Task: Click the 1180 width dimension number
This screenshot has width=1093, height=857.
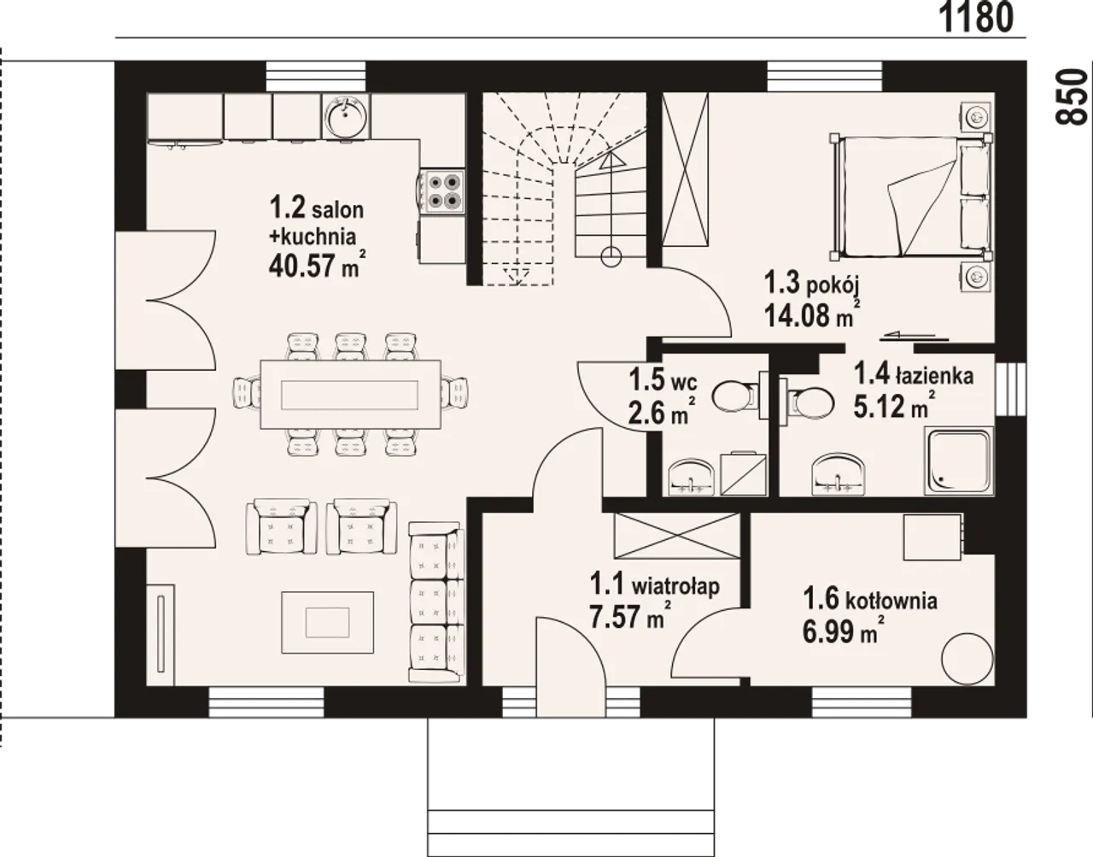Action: pos(976,18)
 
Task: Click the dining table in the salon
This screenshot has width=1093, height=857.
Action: pos(350,394)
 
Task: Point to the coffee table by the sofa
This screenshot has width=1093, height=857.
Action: pos(327,623)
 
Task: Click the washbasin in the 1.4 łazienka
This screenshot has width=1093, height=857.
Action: pos(839,474)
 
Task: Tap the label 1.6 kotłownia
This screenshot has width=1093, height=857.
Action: pos(869,600)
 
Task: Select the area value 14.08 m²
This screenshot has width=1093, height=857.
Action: pos(812,314)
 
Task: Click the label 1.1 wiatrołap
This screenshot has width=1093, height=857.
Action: pos(654,584)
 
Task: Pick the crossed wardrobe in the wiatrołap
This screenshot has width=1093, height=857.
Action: pos(677,536)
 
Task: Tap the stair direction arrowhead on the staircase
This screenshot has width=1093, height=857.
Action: pos(611,159)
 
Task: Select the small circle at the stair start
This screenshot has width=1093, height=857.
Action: pos(611,256)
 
